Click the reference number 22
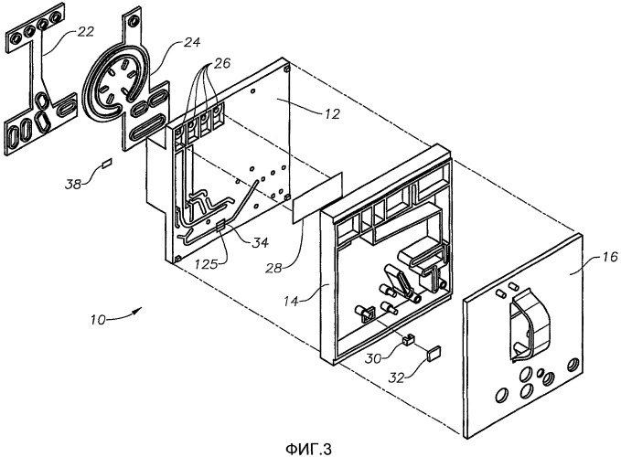click(x=85, y=31)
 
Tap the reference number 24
click(x=192, y=42)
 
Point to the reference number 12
click(x=332, y=114)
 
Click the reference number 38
click(x=74, y=184)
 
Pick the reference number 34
click(x=261, y=242)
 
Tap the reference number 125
click(x=207, y=263)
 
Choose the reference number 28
click(x=274, y=269)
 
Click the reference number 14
click(x=291, y=301)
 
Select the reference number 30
click(x=373, y=358)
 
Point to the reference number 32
click(x=396, y=377)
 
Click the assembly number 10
click(x=98, y=319)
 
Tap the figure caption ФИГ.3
click(x=308, y=449)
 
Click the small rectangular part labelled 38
click(x=107, y=163)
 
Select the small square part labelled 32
click(x=434, y=352)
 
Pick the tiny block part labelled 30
click(x=408, y=339)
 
